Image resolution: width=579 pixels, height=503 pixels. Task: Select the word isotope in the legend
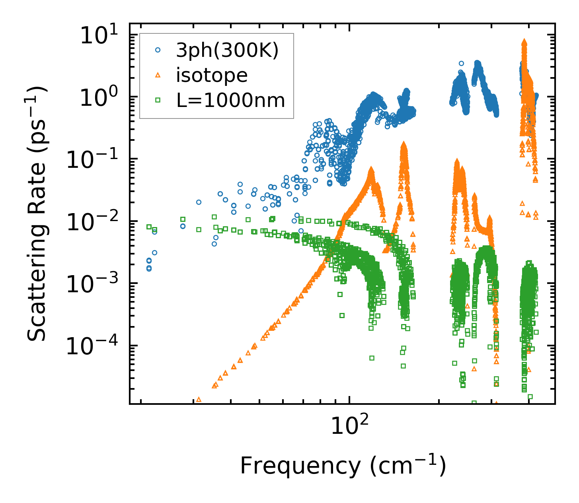coord(212,75)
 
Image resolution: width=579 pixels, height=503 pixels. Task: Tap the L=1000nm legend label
coord(231,100)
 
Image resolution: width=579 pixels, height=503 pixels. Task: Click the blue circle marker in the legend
coord(158,50)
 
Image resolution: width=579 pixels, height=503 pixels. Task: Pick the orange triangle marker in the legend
coord(158,75)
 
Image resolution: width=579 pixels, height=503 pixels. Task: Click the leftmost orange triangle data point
coord(199,399)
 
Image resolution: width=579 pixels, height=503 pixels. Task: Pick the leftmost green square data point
coord(149,227)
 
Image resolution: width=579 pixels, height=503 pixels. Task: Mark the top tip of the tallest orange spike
coord(524,41)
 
